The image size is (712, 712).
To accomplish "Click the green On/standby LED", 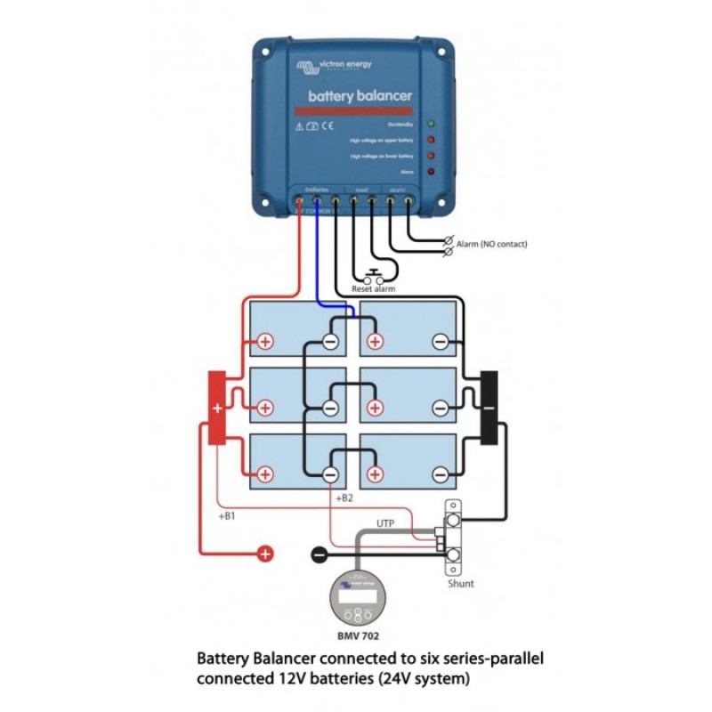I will pyautogui.click(x=431, y=124).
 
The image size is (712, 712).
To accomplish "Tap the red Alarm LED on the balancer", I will pyautogui.click(x=431, y=171).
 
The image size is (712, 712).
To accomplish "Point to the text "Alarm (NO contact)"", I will pyautogui.click(x=491, y=242).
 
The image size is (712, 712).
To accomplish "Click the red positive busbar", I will pyautogui.click(x=216, y=409).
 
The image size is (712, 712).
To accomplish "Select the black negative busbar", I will pyautogui.click(x=489, y=409).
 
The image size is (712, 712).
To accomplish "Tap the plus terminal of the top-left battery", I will pyautogui.click(x=265, y=342).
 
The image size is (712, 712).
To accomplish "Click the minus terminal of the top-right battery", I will pyautogui.click(x=440, y=342).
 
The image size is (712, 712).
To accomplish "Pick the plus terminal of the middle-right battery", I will pyautogui.click(x=375, y=409).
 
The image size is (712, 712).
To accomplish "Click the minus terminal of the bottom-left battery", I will pyautogui.click(x=330, y=475).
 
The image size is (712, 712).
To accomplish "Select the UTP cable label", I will pyautogui.click(x=385, y=523).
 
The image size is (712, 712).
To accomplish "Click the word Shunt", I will pyautogui.click(x=461, y=584).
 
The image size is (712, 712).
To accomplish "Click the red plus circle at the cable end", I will pyautogui.click(x=265, y=554).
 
